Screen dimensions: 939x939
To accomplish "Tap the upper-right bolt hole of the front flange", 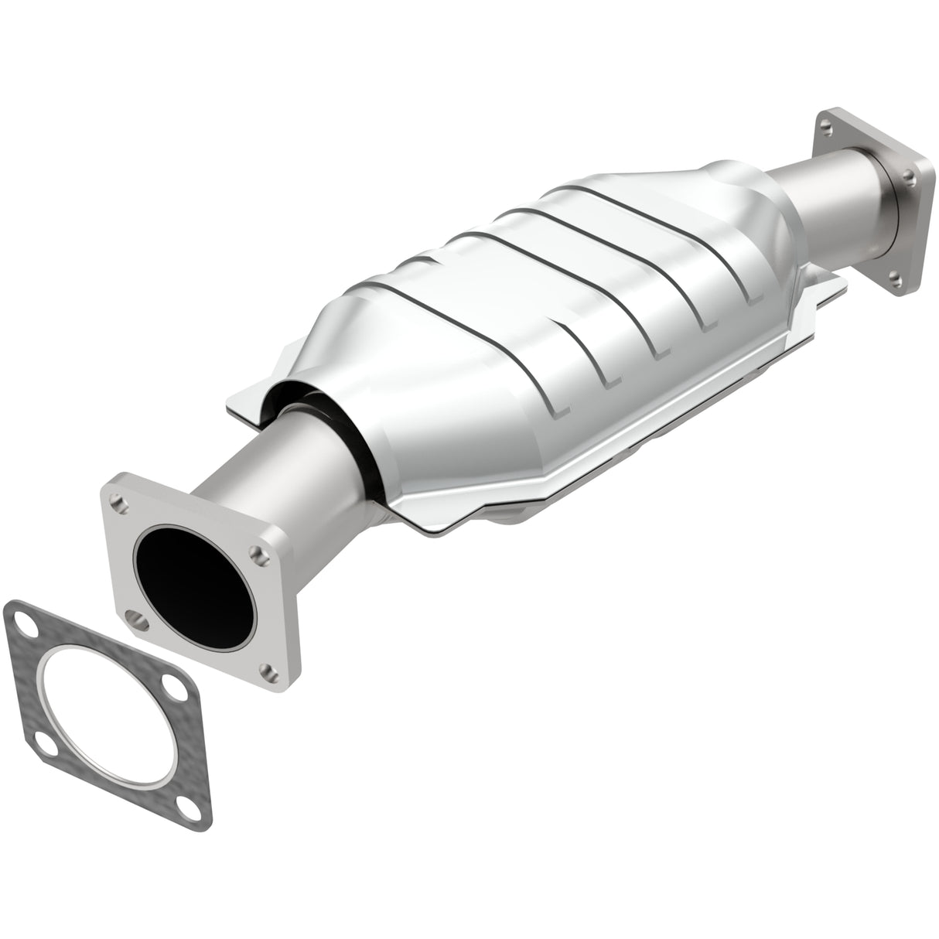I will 254,554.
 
